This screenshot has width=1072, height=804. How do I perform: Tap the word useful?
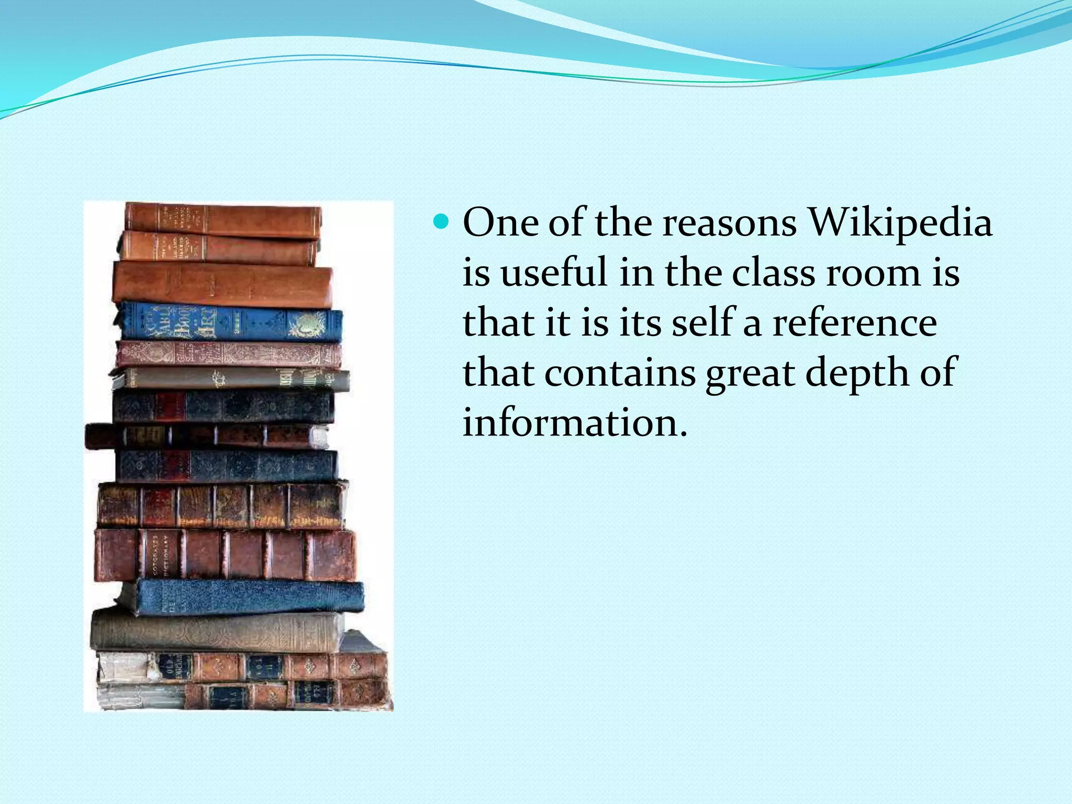[554, 273]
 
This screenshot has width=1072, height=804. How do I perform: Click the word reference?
[855, 323]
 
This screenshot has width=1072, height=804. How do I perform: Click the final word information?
[574, 422]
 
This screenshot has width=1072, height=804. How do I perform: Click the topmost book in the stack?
[222, 220]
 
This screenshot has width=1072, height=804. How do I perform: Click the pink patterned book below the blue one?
[228, 354]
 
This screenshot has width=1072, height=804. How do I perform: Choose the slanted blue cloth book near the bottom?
[246, 597]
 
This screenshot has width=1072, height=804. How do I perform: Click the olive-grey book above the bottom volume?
[217, 632]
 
